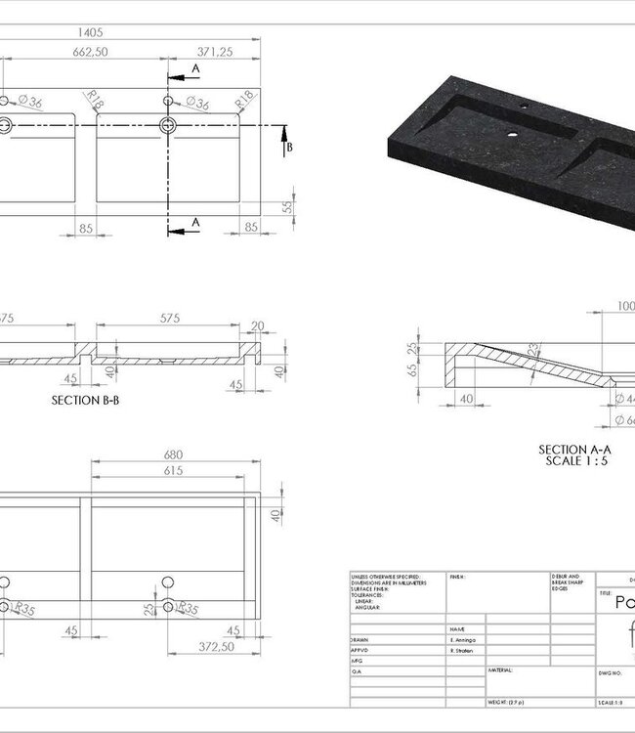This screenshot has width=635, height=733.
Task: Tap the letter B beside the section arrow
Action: click(288, 148)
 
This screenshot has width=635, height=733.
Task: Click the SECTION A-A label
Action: click(576, 449)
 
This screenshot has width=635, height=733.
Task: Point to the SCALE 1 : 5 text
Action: click(576, 459)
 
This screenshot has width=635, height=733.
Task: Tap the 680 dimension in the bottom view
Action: click(173, 454)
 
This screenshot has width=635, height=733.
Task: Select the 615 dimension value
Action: click(173, 471)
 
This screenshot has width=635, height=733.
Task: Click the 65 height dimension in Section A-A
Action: click(413, 370)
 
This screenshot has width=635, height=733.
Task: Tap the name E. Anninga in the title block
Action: click(465, 637)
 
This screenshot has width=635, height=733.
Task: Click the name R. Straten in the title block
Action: click(464, 648)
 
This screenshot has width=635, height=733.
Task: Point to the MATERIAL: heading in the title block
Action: click(500, 669)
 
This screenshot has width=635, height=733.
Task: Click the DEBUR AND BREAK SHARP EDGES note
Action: click(567, 582)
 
